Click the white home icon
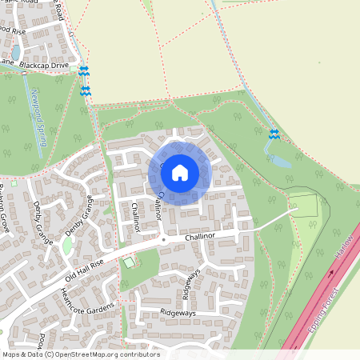tap(180, 172)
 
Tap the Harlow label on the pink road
tap(344, 257)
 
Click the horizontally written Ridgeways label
tap(178, 313)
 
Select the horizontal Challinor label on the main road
tap(200, 237)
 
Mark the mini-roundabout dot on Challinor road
tap(163, 239)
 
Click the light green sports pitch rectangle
tap(303, 206)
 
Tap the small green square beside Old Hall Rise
tap(129, 262)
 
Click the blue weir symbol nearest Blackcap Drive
tap(85, 72)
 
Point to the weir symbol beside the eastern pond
tap(274, 134)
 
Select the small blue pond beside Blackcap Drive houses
tap(15, 53)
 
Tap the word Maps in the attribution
tap(12, 354)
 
